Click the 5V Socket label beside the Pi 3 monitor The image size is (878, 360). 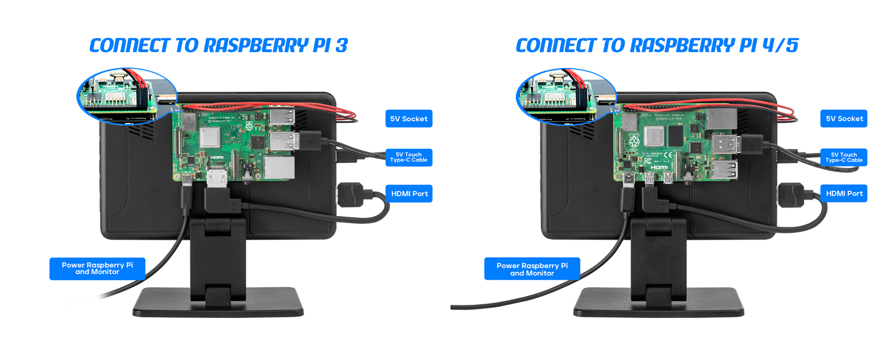(408, 119)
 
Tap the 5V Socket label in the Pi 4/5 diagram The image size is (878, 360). (844, 119)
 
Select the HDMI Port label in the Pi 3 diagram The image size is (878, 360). (408, 194)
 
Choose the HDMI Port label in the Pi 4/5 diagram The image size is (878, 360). (844, 193)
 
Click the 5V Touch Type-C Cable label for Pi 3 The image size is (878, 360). (408, 157)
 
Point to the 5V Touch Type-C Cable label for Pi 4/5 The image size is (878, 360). (844, 157)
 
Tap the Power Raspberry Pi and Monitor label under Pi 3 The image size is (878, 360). (97, 268)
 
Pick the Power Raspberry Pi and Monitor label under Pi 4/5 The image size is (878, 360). (532, 269)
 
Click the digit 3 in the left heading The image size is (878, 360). (341, 46)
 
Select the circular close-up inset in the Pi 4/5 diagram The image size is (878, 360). (566, 96)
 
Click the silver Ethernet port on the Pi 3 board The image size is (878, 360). (279, 167)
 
